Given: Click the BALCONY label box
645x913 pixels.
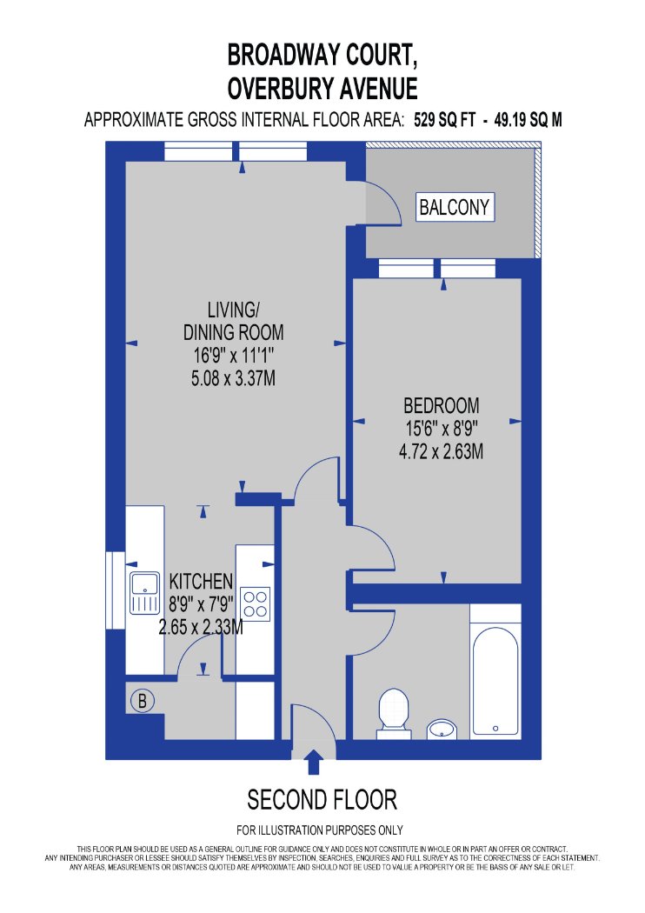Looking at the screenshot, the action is point(455,207).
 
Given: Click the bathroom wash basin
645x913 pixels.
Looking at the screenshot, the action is point(442,729).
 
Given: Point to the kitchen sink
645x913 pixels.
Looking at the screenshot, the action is point(144,593).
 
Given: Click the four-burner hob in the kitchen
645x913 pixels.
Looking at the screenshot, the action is point(255,603).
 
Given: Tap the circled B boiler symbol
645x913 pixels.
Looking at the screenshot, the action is point(143,701).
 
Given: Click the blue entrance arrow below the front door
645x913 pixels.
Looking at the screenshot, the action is point(315,762).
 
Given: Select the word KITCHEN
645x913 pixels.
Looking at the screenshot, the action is point(201,581).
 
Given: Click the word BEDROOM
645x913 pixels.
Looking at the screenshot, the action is point(442,405).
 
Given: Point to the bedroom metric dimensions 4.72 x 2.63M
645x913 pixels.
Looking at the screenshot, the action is point(442,451).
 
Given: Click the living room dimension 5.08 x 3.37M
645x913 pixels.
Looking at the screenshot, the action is point(234,378).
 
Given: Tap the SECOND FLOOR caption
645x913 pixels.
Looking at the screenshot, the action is point(322,799).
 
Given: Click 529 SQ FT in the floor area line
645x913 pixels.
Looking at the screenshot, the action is point(445,120).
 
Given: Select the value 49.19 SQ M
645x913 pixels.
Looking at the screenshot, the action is point(528,120).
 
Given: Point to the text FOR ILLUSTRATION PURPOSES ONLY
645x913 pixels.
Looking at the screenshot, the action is point(320,830).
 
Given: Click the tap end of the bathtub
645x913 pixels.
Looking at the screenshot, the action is point(495,728).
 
